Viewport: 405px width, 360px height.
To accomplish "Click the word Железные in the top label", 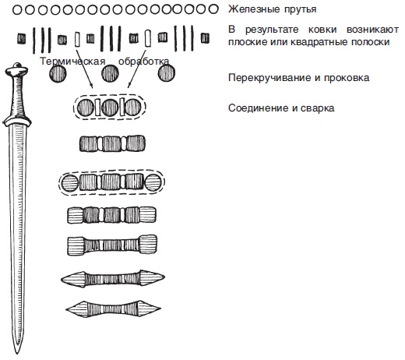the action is [254, 9].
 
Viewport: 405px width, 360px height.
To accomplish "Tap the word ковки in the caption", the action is [322, 30].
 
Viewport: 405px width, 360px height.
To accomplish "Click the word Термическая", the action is [72, 62].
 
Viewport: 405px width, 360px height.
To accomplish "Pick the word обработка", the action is [144, 62].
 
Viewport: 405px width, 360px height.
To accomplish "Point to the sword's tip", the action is [17, 354].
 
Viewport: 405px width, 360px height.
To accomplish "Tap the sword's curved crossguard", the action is [17, 122].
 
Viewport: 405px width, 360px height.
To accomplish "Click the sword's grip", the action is [17, 96].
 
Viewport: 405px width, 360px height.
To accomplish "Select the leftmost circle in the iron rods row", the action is [17, 10].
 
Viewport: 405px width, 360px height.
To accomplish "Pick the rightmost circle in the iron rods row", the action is [213, 9].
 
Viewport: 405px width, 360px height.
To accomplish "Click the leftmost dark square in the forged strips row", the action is [22, 38].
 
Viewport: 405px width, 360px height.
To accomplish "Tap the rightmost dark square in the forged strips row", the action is [205, 38].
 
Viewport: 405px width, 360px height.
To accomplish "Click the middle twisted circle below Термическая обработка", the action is [110, 73].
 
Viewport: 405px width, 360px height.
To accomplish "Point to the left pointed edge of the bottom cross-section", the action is [66, 309].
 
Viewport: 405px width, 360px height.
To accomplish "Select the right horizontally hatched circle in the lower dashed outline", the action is [153, 182].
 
